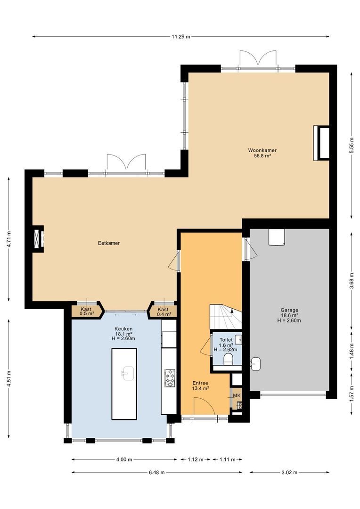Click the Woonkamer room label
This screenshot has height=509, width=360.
(262, 153)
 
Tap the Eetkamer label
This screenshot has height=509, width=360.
(108, 243)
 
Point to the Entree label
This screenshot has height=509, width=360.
(200, 386)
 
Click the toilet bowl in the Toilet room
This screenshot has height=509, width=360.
(228, 361)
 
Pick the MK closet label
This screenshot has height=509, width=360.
(237, 395)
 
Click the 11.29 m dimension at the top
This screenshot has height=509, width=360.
(181, 36)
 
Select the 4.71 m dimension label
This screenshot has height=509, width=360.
(9, 239)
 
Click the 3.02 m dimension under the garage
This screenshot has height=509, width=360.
(289, 472)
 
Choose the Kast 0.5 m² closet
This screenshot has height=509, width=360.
(86, 311)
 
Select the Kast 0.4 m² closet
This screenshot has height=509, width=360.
(164, 311)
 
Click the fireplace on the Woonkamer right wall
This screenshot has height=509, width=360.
(322, 143)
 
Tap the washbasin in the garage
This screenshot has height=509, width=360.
(256, 364)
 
